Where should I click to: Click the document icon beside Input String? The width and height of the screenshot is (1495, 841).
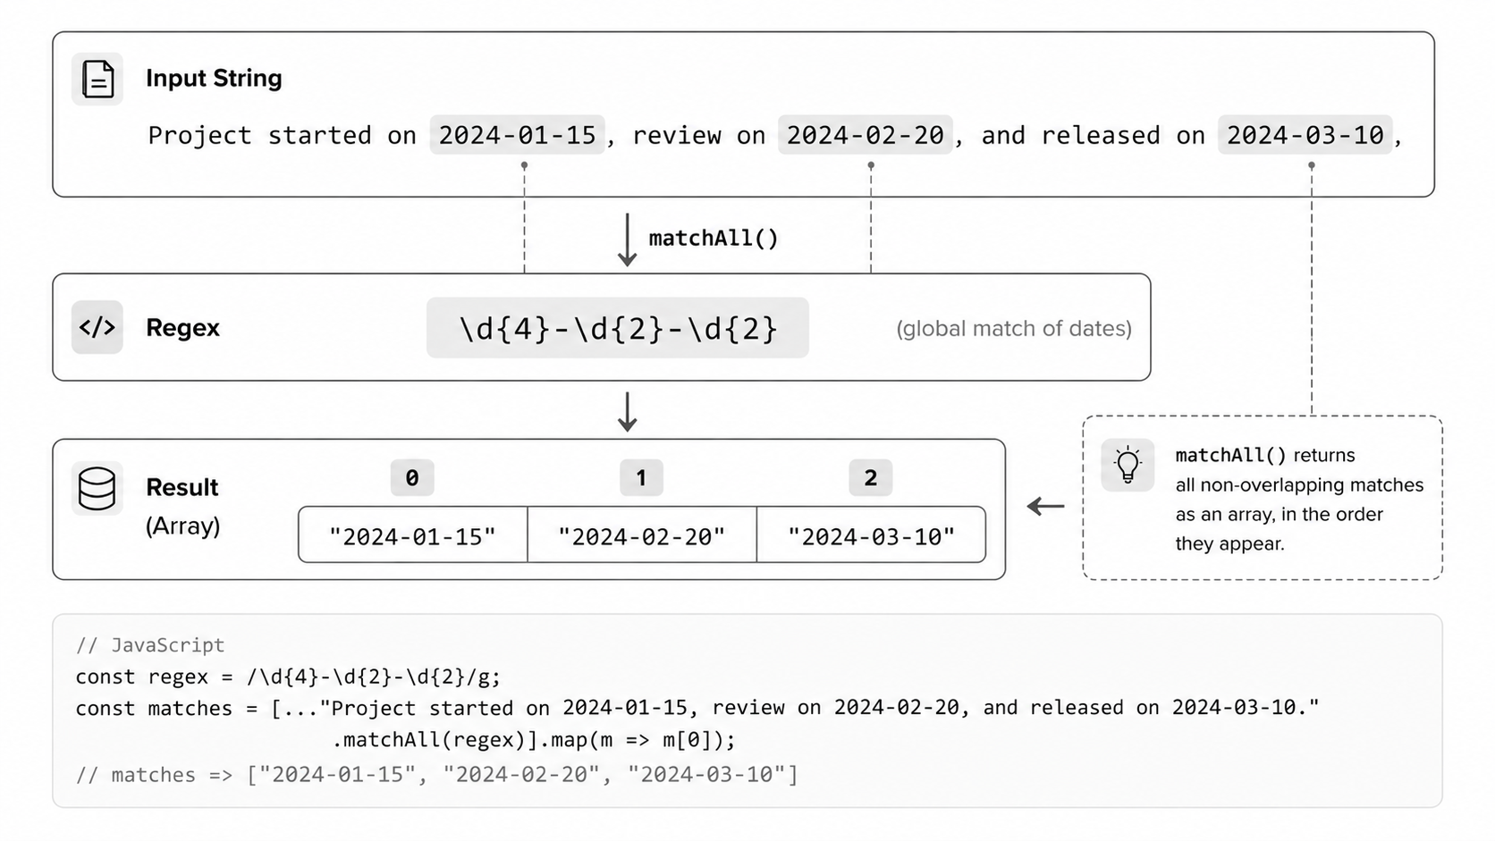97,79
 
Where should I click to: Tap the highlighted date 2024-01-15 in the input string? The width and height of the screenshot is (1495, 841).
517,135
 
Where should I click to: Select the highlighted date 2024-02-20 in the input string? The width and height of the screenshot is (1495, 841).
865,135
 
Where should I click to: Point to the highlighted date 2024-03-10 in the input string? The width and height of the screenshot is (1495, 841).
1305,135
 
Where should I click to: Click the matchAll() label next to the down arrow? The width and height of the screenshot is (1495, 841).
714,238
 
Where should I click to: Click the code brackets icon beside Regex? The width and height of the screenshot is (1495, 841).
97,327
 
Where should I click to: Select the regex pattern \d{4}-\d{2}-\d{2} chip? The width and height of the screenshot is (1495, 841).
617,327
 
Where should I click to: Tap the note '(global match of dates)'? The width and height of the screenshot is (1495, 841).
1014,328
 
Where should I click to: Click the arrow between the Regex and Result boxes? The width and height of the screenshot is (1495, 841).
628,411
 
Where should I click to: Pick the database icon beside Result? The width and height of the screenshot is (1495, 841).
97,488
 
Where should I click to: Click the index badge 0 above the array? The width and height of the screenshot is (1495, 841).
412,477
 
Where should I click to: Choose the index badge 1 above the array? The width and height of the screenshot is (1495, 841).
641,477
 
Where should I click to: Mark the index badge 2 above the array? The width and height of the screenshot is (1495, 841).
870,477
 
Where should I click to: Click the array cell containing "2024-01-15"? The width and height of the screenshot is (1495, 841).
413,534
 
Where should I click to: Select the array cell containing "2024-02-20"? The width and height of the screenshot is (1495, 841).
642,534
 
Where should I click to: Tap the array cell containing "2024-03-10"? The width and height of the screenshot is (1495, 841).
871,534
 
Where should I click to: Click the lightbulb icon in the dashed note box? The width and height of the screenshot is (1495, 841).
1128,465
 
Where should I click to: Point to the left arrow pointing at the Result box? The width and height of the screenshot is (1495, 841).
1046,506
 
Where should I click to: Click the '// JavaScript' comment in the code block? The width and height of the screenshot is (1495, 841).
150,645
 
